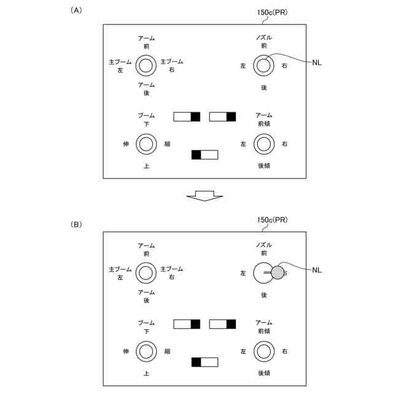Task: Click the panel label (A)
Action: [x=76, y=10]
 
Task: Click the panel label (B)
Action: [x=76, y=225]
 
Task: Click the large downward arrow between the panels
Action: [x=204, y=195]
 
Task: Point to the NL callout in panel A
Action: [x=317, y=63]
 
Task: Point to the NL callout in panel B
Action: [x=317, y=270]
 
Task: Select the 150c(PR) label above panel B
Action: [x=273, y=219]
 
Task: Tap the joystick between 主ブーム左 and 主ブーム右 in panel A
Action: [x=146, y=65]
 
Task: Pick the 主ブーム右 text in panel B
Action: [x=171, y=273]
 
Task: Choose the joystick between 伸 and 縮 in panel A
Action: [x=146, y=144]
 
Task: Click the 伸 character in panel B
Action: [x=126, y=351]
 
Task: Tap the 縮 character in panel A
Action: [x=168, y=144]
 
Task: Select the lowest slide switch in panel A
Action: [x=204, y=155]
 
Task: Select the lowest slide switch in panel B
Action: [x=204, y=362]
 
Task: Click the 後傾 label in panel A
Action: [x=264, y=166]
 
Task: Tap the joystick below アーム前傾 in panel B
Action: [x=264, y=351]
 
